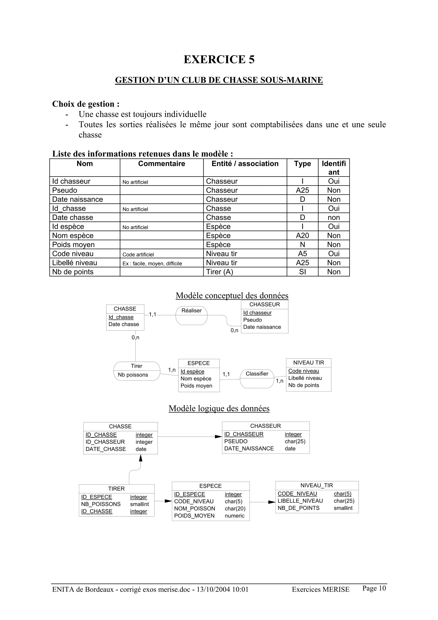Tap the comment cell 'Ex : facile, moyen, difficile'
pyautogui.click(x=152, y=264)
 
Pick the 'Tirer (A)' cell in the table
pyautogui.click(x=219, y=272)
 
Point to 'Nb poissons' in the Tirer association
pyautogui.click(x=133, y=375)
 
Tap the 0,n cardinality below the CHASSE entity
pyautogui.click(x=135, y=338)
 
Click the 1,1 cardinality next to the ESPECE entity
pyautogui.click(x=226, y=374)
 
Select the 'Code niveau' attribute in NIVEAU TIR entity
pyautogui.click(x=304, y=371)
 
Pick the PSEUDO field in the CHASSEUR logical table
pyautogui.click(x=236, y=442)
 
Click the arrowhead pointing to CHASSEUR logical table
pyautogui.click(x=218, y=437)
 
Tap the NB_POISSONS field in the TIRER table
pyautogui.click(x=101, y=504)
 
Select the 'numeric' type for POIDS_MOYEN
pyautogui.click(x=235, y=516)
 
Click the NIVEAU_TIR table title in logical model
pyautogui.click(x=317, y=485)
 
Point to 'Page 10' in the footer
pyautogui.click(x=374, y=588)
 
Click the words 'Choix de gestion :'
pyautogui.click(x=86, y=104)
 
